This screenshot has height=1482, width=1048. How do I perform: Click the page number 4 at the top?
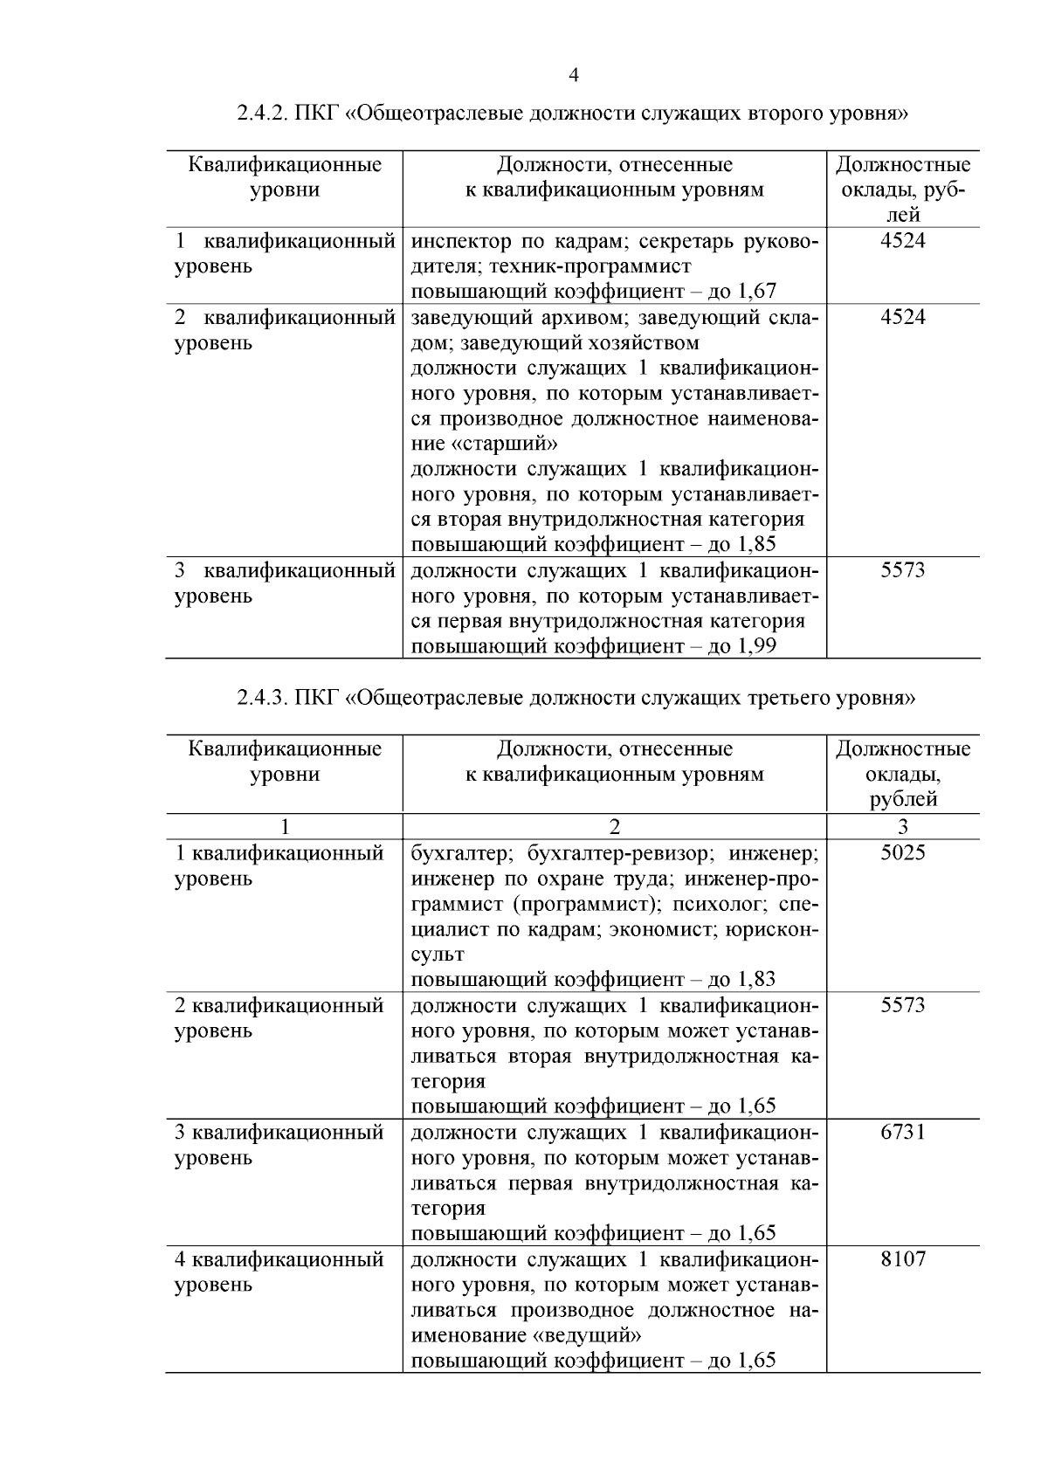pyautogui.click(x=574, y=76)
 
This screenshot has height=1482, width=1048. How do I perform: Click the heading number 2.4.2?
pyautogui.click(x=262, y=114)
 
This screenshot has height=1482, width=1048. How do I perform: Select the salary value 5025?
pyautogui.click(x=902, y=852)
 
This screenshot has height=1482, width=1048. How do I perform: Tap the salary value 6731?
pyautogui.click(x=902, y=1133)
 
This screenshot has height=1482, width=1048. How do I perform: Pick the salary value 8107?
pyautogui.click(x=902, y=1259)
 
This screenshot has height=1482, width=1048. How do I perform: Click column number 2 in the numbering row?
pyautogui.click(x=614, y=826)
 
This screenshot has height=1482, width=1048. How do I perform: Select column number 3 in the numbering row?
pyautogui.click(x=902, y=826)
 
